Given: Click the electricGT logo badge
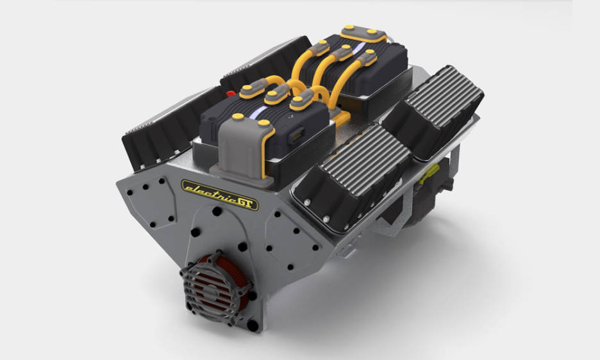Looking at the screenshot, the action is click(x=220, y=195).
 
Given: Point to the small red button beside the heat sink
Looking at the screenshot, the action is click(x=230, y=94).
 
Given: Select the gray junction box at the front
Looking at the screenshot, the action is click(x=242, y=149).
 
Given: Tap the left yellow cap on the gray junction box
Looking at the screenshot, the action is click(x=238, y=117).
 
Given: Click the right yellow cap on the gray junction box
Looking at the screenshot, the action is click(x=263, y=123).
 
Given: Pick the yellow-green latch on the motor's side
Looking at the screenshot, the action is click(x=429, y=174).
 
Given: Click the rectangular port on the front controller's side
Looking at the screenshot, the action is click(x=298, y=135).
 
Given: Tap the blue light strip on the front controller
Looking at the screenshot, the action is click(x=258, y=112).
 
